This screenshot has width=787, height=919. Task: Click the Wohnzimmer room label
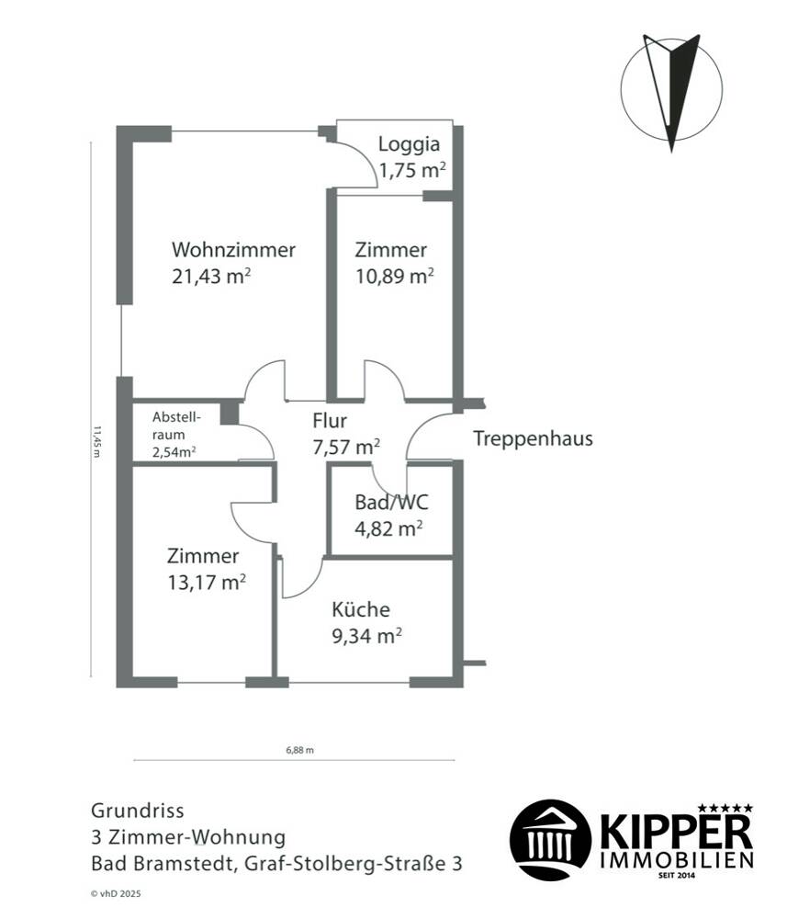(233, 250)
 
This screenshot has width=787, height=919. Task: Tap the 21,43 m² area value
(211, 276)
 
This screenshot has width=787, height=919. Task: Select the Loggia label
(409, 144)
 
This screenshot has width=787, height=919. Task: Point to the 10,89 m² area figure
(395, 276)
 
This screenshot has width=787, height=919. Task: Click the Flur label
(330, 421)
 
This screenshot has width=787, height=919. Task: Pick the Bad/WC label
(391, 503)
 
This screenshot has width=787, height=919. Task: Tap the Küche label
(361, 609)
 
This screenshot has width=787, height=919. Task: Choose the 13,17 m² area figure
(207, 583)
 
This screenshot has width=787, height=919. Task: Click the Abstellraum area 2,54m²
(174, 452)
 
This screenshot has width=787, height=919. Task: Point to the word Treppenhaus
(533, 438)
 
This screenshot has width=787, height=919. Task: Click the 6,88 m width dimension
(299, 750)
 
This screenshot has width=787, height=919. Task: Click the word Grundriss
(138, 811)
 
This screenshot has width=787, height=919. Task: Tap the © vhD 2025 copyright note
(116, 894)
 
